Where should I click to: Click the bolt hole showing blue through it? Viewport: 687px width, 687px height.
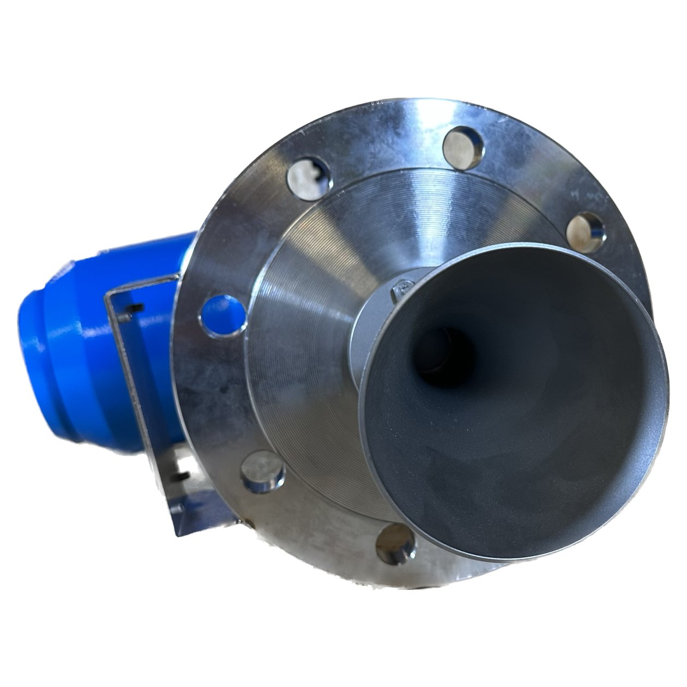click(x=224, y=315)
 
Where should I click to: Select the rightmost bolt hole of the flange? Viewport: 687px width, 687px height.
click(x=584, y=229)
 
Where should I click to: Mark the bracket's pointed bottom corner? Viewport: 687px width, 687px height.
click(x=176, y=534)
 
